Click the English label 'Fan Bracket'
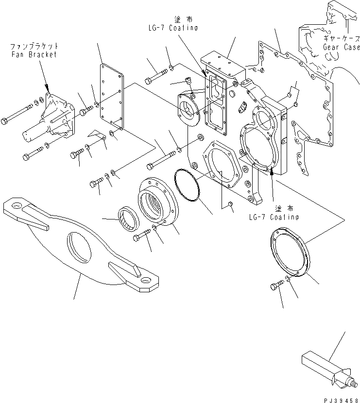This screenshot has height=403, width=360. tap(34, 54)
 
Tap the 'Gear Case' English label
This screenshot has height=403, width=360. tap(341, 47)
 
